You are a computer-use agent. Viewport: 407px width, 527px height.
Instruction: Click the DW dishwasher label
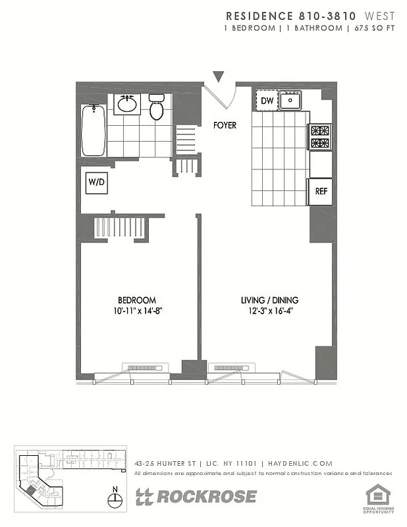[x=267, y=101]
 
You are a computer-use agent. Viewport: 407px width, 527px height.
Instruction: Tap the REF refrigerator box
[x=321, y=192]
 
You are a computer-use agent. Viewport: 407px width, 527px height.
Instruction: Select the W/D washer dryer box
[x=95, y=182]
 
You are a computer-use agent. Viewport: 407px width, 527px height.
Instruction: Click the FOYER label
[x=225, y=125]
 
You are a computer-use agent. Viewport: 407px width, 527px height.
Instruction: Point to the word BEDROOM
[x=138, y=300]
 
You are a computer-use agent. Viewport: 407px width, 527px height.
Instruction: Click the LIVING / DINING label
[x=267, y=300]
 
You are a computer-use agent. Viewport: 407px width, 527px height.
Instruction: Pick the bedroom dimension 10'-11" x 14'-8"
[x=138, y=312]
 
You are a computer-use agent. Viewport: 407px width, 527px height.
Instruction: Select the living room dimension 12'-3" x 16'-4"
[x=267, y=312]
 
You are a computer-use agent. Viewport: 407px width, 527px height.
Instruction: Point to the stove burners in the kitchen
[x=320, y=137]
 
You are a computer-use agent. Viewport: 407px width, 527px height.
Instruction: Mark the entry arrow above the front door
[x=218, y=76]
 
